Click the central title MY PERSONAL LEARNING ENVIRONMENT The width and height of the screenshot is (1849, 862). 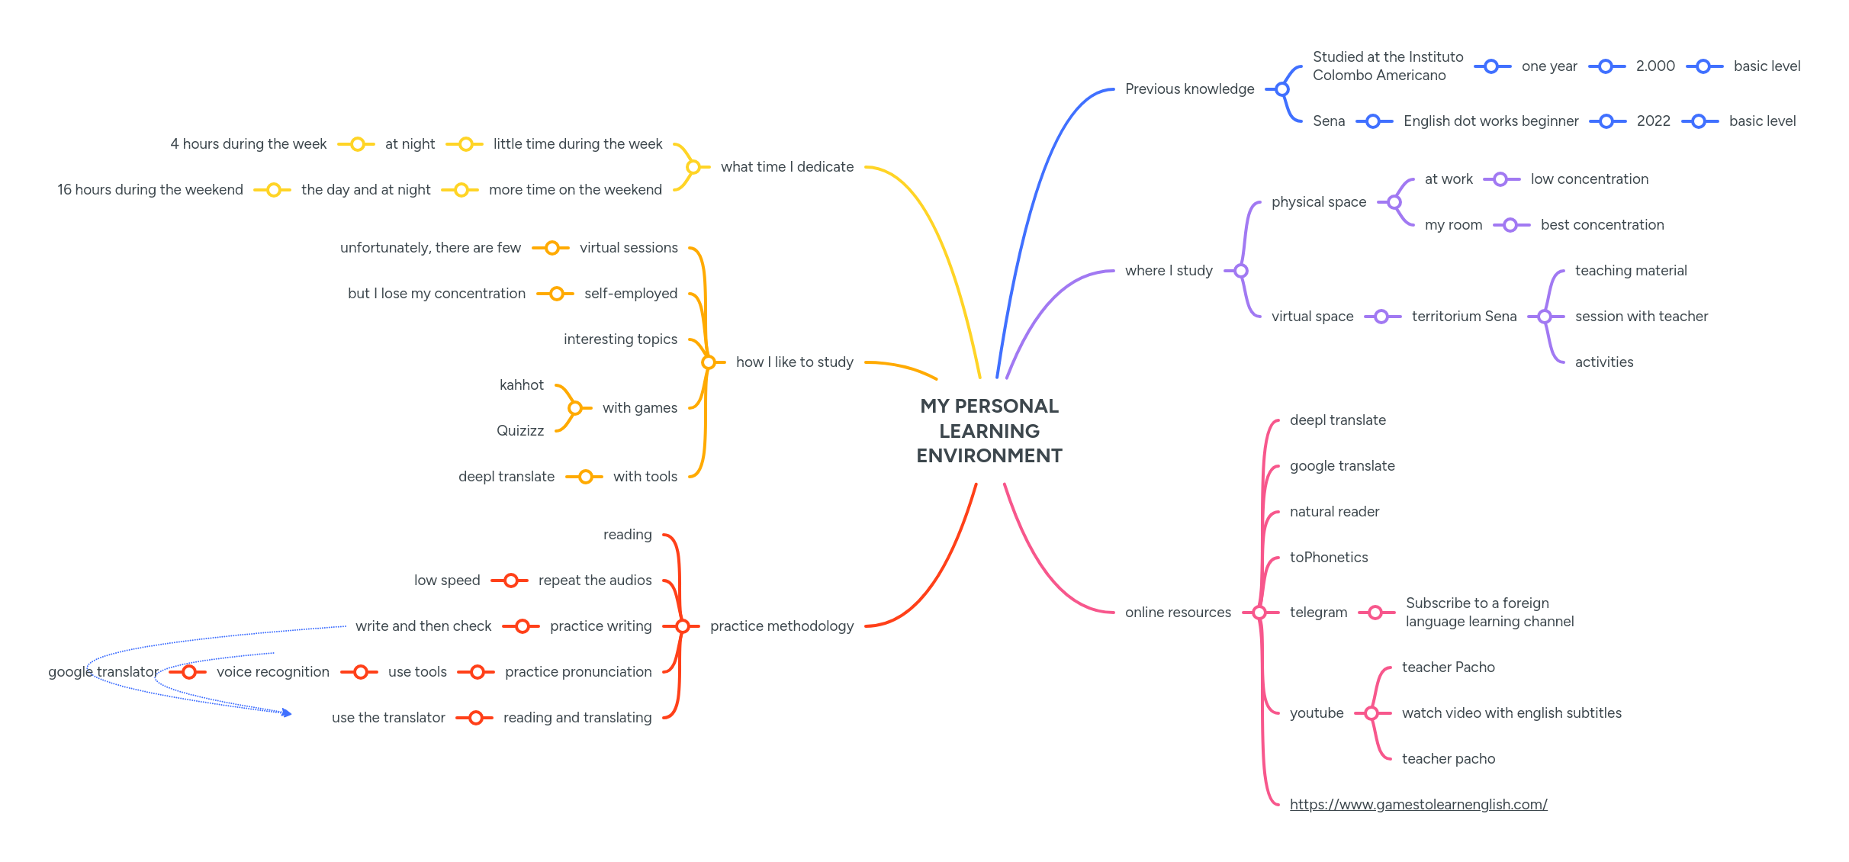tap(989, 431)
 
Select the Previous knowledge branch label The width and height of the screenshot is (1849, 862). tap(1189, 89)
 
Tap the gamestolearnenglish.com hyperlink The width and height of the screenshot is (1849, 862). tap(1418, 804)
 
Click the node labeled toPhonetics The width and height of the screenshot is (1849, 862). tap(1328, 558)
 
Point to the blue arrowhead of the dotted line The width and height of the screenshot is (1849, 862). tap(287, 713)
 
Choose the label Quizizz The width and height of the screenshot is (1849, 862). tap(520, 431)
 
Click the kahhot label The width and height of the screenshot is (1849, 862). tap(522, 385)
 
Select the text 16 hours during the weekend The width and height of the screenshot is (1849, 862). tap(150, 190)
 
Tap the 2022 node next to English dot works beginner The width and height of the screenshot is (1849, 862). tap(1653, 121)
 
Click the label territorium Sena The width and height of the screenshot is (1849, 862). tap(1464, 317)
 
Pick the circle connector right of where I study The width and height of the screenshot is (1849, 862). tap(1241, 271)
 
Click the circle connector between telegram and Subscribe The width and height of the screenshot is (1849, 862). tap(1375, 613)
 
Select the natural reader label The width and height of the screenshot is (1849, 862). tap(1334, 512)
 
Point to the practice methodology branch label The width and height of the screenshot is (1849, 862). tap(782, 626)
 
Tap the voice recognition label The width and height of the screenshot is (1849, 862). tap(273, 672)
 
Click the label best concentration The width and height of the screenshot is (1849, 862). tap(1602, 225)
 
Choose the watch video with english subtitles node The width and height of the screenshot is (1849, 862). tap(1511, 713)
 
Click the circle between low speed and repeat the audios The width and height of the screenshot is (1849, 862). tap(511, 581)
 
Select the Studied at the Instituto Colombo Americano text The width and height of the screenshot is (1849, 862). tap(1388, 66)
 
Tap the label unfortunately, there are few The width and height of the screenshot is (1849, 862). tap(430, 248)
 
